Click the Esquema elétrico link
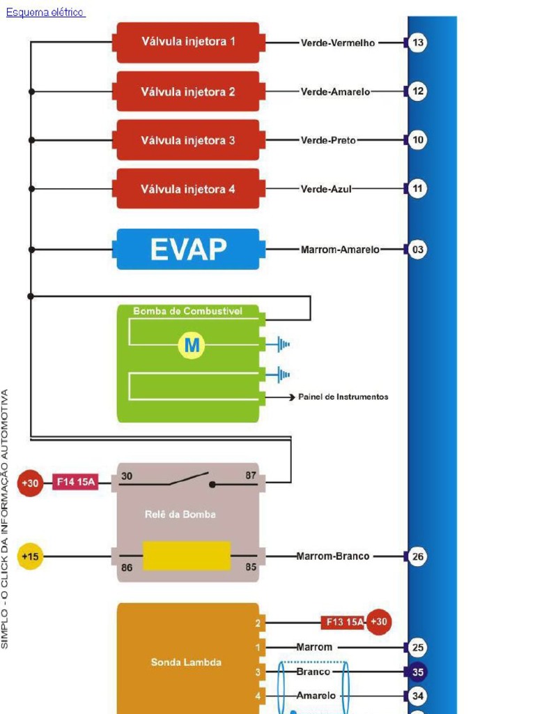45,13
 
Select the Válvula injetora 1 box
188,42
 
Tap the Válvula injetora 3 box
188,140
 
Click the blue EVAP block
188,249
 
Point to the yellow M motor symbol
192,345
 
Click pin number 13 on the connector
417,43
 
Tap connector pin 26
417,556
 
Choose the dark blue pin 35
417,671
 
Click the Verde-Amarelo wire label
335,92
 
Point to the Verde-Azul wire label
326,189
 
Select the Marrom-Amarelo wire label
340,250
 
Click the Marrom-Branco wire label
333,556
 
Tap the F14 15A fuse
76,482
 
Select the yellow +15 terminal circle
30,556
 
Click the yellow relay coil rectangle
186,556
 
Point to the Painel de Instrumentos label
343,397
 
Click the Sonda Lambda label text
186,662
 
